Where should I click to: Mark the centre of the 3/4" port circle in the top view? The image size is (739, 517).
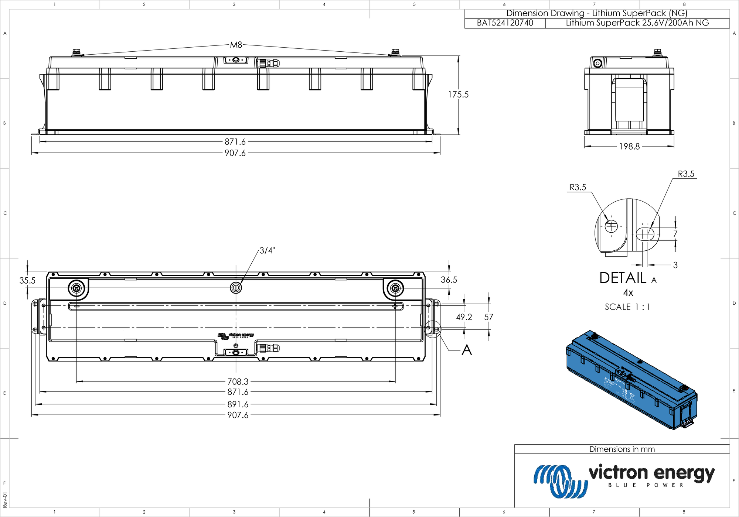[236, 288]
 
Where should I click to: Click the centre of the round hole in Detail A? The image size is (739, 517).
[611, 226]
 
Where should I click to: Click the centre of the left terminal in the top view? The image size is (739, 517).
[76, 288]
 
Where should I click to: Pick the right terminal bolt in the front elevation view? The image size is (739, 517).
[395, 52]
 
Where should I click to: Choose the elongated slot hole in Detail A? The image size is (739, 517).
[645, 234]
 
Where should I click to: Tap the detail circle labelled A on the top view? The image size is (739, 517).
[433, 328]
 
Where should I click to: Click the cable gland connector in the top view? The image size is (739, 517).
[268, 348]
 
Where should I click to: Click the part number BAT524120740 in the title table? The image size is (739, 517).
[505, 23]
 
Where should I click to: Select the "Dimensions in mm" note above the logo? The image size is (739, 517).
[622, 449]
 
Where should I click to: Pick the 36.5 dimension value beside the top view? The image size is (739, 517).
[449, 280]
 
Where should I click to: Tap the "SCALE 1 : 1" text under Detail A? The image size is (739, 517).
[627, 307]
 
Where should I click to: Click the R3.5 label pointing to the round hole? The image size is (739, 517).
[578, 187]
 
